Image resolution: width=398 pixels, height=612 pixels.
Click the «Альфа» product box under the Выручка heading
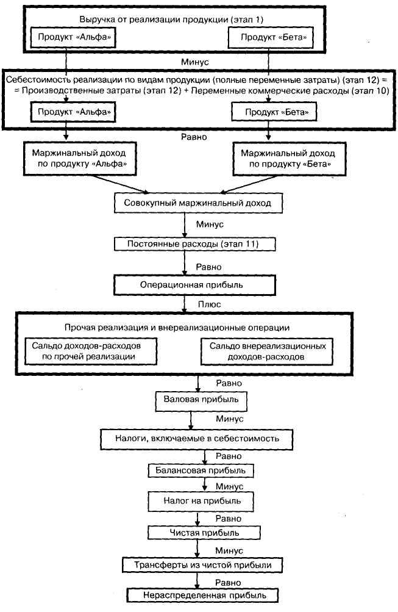pyautogui.click(x=73, y=38)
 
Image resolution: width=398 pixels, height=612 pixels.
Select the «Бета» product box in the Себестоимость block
pyautogui.click(x=274, y=112)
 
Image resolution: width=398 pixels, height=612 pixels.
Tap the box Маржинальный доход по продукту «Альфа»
pyautogui.click(x=79, y=159)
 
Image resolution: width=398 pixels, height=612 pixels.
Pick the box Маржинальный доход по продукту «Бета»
pyautogui.click(x=289, y=159)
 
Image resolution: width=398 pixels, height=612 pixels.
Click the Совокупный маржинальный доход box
pyautogui.click(x=198, y=203)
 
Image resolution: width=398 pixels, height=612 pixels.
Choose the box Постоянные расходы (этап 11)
pyautogui.click(x=194, y=244)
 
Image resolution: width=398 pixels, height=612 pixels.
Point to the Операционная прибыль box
pyautogui.click(x=194, y=285)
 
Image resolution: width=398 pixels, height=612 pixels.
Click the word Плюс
pyautogui.click(x=209, y=304)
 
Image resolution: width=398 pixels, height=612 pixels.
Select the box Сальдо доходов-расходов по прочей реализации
pyautogui.click(x=91, y=351)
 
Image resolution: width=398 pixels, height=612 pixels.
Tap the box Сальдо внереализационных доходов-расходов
pyautogui.click(x=267, y=351)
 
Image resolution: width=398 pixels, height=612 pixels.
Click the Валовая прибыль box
pyautogui.click(x=201, y=401)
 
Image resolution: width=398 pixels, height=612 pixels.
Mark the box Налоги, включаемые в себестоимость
pyautogui.click(x=197, y=439)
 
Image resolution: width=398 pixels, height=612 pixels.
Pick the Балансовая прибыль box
pyautogui.click(x=201, y=470)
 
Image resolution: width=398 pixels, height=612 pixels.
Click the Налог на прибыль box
pyautogui.click(x=201, y=501)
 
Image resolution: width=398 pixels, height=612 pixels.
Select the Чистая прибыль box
pyautogui.click(x=204, y=533)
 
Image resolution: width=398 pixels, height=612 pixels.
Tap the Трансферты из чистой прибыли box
pyautogui.click(x=203, y=565)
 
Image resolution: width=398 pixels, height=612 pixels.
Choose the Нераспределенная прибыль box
pyautogui.click(x=203, y=596)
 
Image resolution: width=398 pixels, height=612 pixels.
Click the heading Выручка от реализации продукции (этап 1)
pyautogui.click(x=171, y=19)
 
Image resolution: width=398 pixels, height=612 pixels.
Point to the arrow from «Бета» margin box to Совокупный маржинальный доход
pyautogui.click(x=249, y=184)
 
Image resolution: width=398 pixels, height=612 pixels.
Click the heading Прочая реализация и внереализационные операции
pyautogui.click(x=177, y=328)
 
